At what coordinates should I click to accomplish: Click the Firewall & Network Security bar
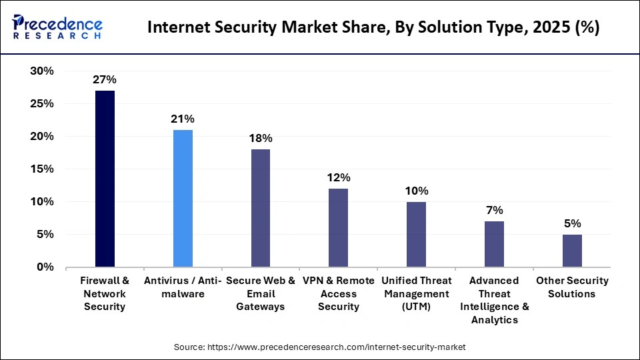pos(105,179)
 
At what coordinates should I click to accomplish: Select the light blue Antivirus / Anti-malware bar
pos(183,199)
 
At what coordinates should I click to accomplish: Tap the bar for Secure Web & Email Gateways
pos(261,208)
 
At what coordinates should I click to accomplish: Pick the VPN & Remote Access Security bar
pos(338,227)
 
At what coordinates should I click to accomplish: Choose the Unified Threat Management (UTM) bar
pos(416,234)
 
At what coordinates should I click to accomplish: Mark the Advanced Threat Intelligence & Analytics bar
pos(494,244)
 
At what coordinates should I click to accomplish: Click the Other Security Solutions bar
pos(572,251)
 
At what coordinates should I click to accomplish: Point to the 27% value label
pos(105,80)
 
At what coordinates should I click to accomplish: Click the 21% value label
pos(183,119)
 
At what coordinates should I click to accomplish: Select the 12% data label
pos(338,178)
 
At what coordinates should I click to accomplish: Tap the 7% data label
pos(494,211)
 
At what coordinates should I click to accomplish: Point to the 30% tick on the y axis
pos(42,71)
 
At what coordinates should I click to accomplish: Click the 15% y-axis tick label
pos(42,169)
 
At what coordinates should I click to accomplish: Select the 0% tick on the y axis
pos(45,267)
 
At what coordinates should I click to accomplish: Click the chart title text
pos(373,28)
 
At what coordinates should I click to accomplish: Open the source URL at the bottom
pos(319,347)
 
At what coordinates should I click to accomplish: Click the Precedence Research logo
pos(57,27)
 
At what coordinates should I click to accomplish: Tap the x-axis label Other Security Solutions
pos(572,287)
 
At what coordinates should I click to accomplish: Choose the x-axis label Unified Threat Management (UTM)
pos(416,293)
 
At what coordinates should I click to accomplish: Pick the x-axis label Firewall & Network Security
pos(105,293)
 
